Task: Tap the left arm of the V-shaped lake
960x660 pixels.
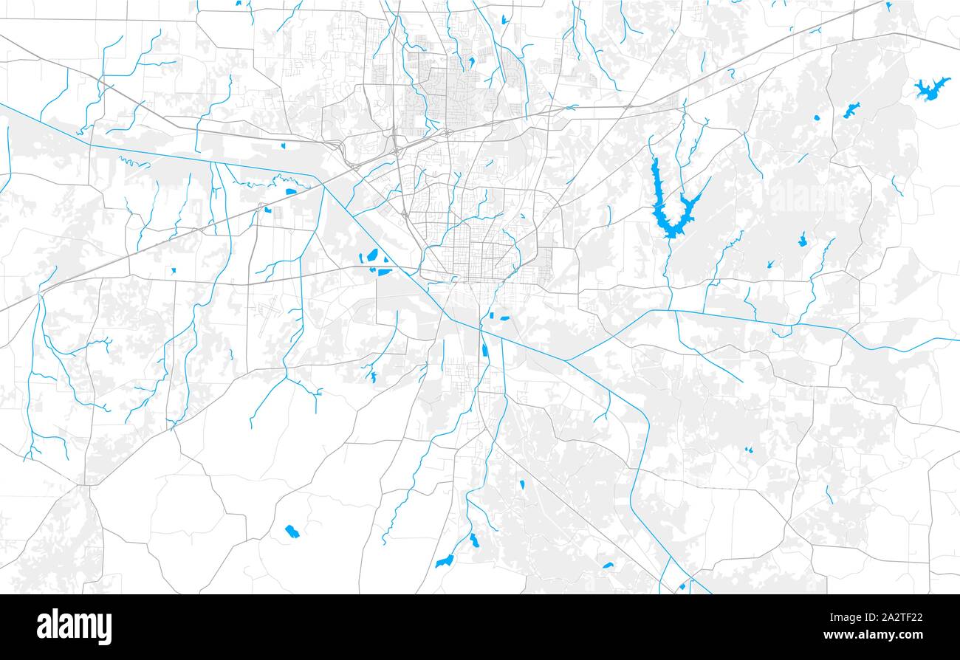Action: click(656, 185)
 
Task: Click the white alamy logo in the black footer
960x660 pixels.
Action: click(74, 627)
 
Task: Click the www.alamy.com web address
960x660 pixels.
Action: click(872, 635)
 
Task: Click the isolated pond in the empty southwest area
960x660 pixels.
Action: click(292, 531)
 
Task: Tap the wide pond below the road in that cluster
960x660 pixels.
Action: click(385, 272)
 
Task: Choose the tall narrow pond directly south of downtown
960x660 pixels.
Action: click(484, 350)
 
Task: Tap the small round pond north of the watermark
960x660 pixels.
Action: click(816, 117)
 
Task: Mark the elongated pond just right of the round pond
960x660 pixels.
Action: click(851, 111)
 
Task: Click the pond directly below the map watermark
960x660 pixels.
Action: click(802, 240)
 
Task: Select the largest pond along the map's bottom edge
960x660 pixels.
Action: click(444, 562)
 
